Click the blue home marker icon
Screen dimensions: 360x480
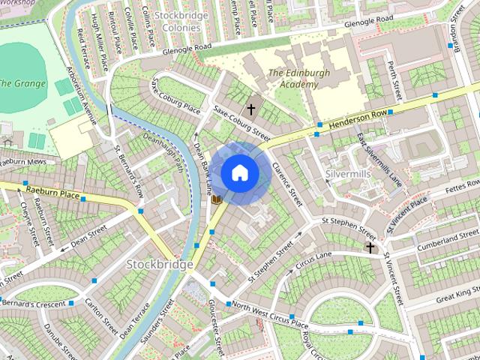tap(239, 172)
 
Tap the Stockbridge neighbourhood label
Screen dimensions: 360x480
tap(160, 264)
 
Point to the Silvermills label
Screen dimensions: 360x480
tap(350, 173)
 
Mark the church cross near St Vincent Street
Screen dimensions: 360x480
tap(370, 247)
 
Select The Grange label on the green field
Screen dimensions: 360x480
tap(23, 82)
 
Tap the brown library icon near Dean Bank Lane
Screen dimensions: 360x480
tap(216, 199)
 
